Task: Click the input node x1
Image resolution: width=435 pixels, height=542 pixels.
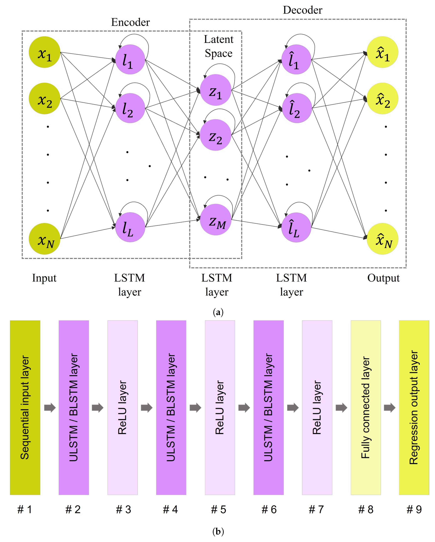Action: pos(45,52)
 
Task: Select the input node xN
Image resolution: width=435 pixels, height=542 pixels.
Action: pos(45,239)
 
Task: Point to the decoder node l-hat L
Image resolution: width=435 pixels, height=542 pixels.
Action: pos(296,227)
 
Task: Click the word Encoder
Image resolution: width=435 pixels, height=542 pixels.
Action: pos(130,22)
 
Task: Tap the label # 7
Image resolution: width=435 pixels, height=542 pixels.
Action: pos(316,510)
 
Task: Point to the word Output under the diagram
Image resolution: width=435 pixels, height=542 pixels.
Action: pos(383,278)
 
